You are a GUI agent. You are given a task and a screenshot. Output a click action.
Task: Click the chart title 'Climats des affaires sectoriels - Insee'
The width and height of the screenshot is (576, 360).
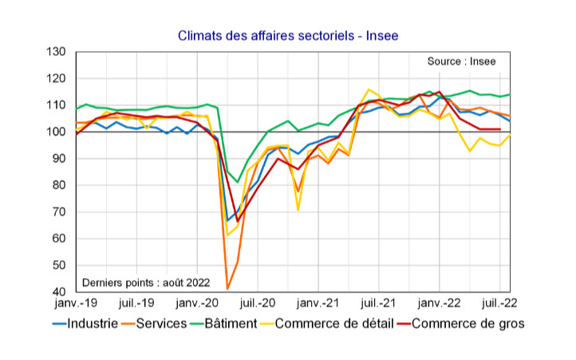point(287,35)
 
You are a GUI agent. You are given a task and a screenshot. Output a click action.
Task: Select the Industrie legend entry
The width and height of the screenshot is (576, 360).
point(86,323)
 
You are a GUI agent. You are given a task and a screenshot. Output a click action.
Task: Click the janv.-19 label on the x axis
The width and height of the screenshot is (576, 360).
point(77,303)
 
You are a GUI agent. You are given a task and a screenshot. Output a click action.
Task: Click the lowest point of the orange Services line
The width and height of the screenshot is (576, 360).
point(227,289)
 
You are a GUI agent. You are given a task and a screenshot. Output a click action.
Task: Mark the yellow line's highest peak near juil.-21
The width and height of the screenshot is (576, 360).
point(369,89)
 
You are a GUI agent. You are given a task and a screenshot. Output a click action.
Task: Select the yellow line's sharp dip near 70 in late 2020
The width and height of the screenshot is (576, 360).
point(298,210)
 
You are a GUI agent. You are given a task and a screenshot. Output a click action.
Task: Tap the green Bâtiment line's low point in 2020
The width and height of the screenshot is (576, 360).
point(237,182)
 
